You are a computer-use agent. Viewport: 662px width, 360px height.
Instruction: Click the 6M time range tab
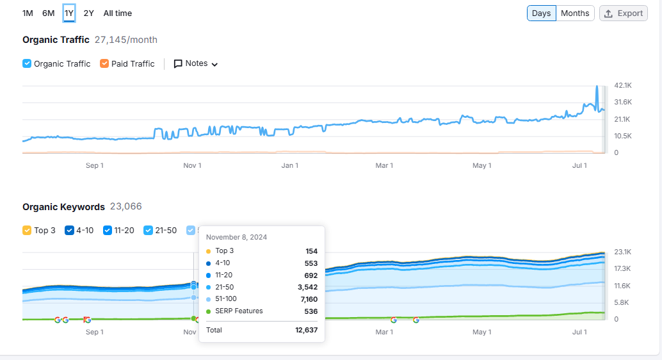point(48,13)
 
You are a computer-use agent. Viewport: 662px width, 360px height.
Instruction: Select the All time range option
point(117,13)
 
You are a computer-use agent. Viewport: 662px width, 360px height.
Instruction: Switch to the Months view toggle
point(574,13)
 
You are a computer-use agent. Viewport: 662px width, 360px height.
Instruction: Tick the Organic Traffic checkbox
point(27,63)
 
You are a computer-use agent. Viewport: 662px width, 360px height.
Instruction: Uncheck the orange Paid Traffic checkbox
point(104,63)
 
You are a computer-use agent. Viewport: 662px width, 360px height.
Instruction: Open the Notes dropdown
point(196,63)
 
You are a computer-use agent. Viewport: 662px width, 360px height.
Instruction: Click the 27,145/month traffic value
point(126,40)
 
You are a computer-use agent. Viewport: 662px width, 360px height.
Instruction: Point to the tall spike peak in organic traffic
point(597,86)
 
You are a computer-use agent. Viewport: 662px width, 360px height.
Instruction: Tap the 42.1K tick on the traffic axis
point(623,85)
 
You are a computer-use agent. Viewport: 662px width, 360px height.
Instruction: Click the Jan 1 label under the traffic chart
point(289,165)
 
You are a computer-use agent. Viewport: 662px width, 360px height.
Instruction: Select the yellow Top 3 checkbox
point(27,230)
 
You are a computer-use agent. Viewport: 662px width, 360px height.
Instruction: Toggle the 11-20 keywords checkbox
point(107,230)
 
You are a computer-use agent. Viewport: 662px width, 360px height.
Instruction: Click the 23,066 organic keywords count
point(126,207)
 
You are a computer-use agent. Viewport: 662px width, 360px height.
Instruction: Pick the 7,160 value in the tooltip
point(309,299)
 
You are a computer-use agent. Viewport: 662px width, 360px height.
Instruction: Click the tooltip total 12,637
point(306,330)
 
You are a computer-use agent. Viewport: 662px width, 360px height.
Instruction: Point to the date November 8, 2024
point(236,237)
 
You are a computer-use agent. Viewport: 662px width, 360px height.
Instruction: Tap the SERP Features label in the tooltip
point(239,311)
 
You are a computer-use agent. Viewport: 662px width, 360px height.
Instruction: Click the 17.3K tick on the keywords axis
point(622,269)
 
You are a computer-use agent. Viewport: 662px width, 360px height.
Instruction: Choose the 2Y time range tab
point(88,13)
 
